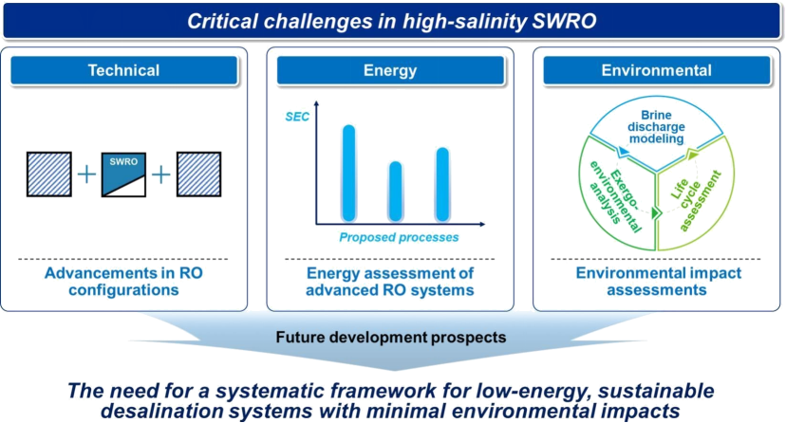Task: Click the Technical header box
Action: point(123,70)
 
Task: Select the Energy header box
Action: point(390,70)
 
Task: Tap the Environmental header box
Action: point(657,70)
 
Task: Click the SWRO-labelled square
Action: point(123,175)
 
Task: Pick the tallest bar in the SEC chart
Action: point(349,173)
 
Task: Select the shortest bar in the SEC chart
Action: point(396,192)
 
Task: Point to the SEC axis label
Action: point(297,118)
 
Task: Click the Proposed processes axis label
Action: point(399,237)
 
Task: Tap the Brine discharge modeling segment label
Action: point(656,127)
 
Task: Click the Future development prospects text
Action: point(391,338)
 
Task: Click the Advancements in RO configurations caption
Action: point(123,282)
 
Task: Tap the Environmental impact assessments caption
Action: point(658,282)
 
